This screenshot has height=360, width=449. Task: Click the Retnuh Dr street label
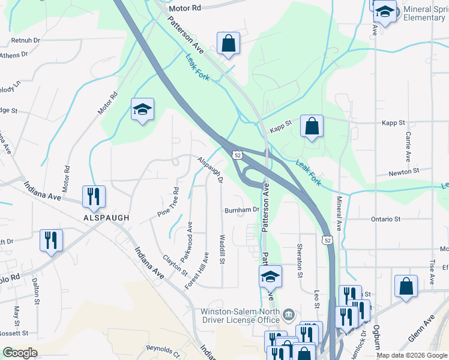pyautogui.click(x=25, y=40)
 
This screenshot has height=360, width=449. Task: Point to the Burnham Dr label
pyautogui.click(x=241, y=210)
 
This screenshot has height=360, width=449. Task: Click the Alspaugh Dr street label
pyautogui.click(x=211, y=169)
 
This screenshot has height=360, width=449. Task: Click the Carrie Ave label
pyautogui.click(x=408, y=147)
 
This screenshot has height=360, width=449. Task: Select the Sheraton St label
pyautogui.click(x=299, y=260)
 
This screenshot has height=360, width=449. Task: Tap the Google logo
pyautogui.click(x=20, y=353)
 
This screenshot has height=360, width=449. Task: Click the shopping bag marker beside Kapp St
pyautogui.click(x=312, y=126)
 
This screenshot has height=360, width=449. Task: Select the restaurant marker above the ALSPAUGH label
pyautogui.click(x=94, y=196)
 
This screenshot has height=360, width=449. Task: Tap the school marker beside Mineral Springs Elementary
pyautogui.click(x=385, y=11)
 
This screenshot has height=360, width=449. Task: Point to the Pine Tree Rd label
pyautogui.click(x=168, y=203)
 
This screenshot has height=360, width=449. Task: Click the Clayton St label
pyautogui.click(x=175, y=265)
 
